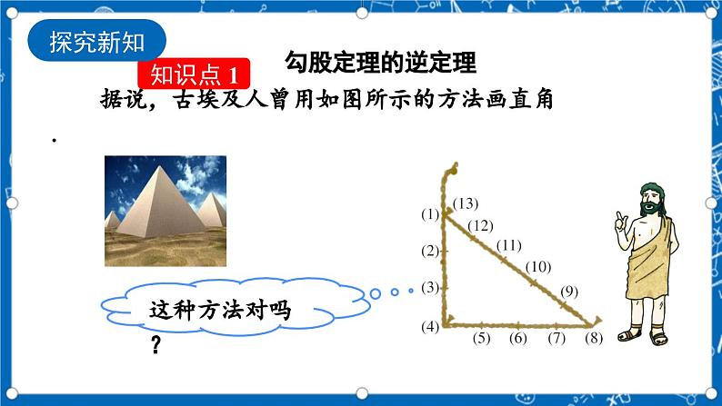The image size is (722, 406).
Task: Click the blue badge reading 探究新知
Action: coord(97,42)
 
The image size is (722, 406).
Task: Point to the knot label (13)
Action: coord(466,203)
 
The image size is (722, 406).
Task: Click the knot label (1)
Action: coord(430,214)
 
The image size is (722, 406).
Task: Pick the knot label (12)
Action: coord(480,225)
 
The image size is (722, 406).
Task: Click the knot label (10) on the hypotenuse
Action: coord(539,266)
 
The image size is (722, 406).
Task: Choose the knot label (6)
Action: coord(518,339)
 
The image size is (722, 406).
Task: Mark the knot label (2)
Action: coord(430,250)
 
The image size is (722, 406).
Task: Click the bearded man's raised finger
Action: coord(617,218)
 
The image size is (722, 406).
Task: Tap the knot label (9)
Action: coord(569,291)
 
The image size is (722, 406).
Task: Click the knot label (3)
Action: coord(430,288)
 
